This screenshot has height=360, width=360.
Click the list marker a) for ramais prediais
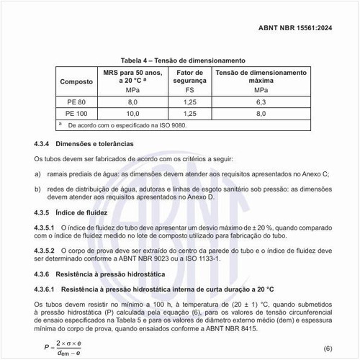(x=38, y=174)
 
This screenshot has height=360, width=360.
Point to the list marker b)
(x=38, y=189)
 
